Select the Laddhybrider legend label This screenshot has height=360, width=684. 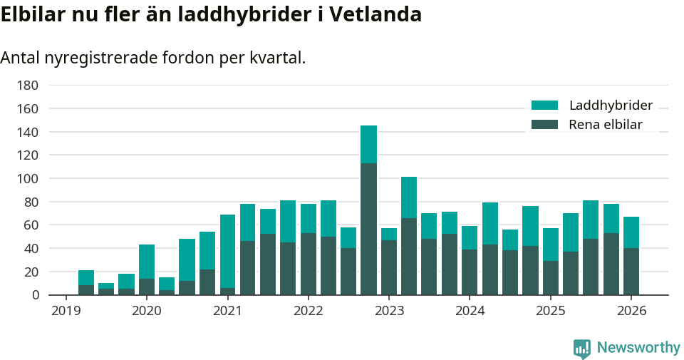tap(611, 106)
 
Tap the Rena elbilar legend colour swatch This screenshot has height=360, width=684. tap(545, 125)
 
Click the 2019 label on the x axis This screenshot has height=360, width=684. tap(66, 311)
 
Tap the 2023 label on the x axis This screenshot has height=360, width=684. tap(389, 311)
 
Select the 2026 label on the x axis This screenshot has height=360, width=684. tap(631, 311)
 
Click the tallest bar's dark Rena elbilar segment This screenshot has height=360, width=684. tap(368, 228)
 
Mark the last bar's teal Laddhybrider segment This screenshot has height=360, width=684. tap(631, 232)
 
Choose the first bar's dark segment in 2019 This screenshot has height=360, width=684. tap(86, 290)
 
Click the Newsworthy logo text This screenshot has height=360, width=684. tap(638, 348)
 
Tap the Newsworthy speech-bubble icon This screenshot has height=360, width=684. tap(582, 349)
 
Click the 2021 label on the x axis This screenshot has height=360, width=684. tap(227, 311)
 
